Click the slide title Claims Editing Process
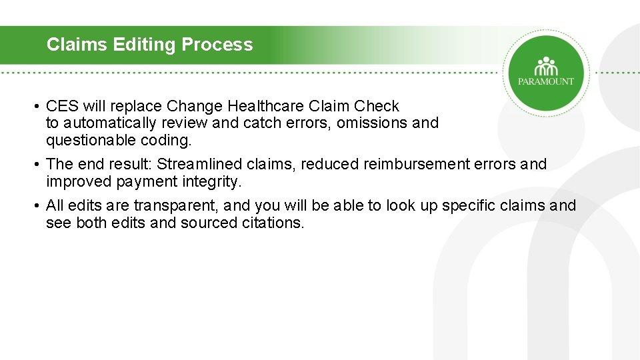click(x=149, y=45)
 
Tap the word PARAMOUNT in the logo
click(x=546, y=81)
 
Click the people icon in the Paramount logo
click(x=546, y=66)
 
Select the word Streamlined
click(x=199, y=164)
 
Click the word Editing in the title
click(x=145, y=45)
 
